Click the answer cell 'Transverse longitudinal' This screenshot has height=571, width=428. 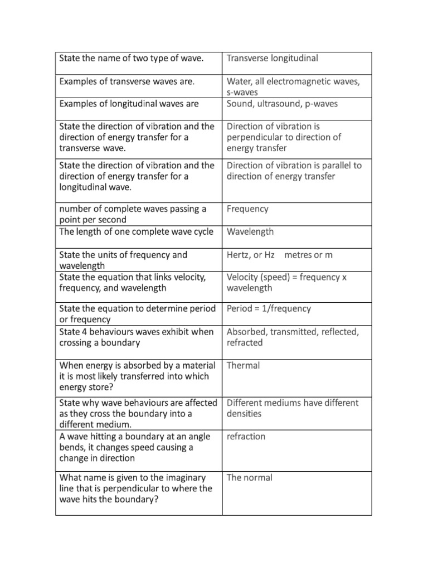(x=272, y=59)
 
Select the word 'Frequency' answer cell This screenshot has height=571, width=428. (x=247, y=209)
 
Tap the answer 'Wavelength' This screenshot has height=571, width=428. (x=250, y=232)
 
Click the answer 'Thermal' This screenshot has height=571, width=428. (x=244, y=366)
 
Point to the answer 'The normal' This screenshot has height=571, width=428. (x=250, y=478)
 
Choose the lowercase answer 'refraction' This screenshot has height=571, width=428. (x=246, y=437)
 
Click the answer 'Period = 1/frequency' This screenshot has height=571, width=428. (x=269, y=309)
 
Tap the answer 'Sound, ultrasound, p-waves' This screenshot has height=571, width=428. (x=282, y=104)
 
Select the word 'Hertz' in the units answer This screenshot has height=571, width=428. (x=239, y=255)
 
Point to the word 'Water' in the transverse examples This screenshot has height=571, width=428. (x=239, y=82)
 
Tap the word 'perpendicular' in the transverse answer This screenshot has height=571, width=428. (x=256, y=137)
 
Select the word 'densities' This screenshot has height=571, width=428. (x=244, y=414)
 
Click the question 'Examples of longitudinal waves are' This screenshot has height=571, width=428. (x=129, y=104)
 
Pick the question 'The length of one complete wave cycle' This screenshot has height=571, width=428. (x=136, y=232)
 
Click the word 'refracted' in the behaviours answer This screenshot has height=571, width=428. (x=245, y=343)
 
